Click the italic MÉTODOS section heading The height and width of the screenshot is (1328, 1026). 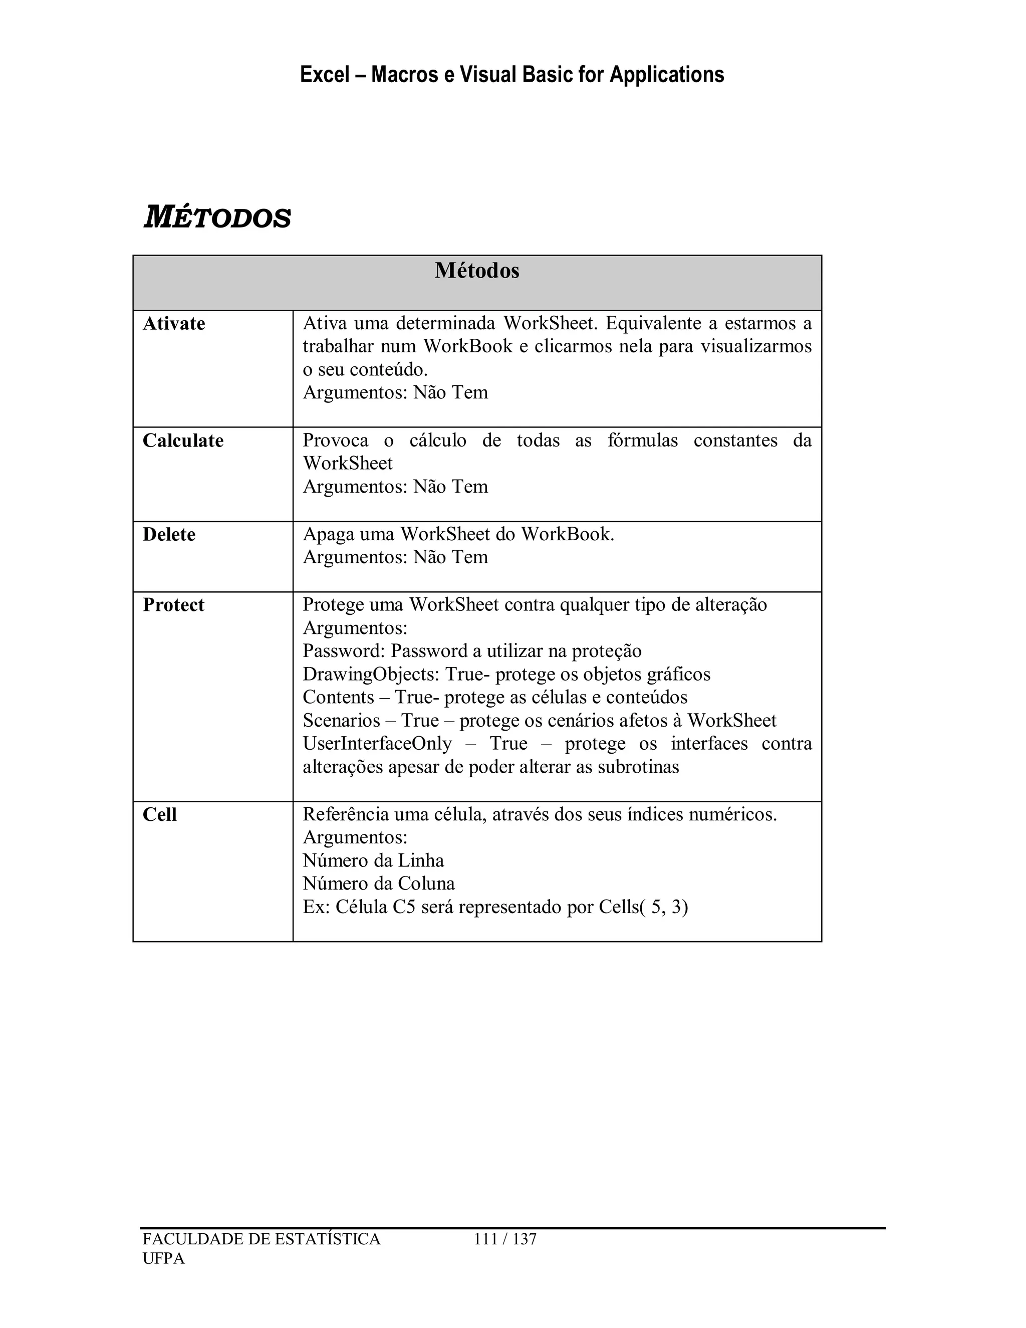[x=217, y=217]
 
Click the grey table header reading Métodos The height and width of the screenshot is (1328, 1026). [x=476, y=271]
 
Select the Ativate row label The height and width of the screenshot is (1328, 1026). [x=174, y=324]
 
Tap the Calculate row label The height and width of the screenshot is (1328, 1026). [x=183, y=440]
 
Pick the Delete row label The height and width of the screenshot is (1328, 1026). [x=169, y=535]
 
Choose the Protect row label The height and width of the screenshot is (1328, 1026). [x=173, y=605]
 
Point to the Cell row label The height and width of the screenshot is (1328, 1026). [x=159, y=815]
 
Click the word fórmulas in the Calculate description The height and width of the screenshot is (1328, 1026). [x=642, y=440]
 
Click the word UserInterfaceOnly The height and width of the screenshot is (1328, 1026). [x=377, y=744]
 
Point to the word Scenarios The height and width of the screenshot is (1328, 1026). [x=341, y=721]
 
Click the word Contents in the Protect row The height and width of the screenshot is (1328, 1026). [x=338, y=698]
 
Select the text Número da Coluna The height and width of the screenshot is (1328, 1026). [x=379, y=883]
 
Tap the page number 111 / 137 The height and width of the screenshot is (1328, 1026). [x=504, y=1239]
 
